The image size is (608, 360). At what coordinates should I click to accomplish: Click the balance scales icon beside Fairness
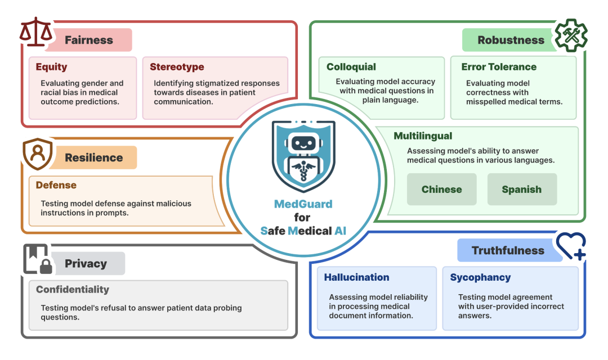[36, 33]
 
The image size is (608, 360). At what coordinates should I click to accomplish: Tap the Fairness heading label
[89, 40]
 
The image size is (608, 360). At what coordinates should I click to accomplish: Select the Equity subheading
[51, 67]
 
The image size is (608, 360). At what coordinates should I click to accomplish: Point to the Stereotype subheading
[177, 67]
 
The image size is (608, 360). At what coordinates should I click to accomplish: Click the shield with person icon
[38, 155]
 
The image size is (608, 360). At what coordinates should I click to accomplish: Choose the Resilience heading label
[93, 157]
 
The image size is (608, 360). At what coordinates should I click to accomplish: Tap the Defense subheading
[56, 185]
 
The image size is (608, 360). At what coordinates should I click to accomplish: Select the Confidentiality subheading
[73, 290]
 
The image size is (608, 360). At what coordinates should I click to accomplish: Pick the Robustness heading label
[511, 40]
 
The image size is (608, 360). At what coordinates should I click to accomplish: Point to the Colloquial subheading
[351, 67]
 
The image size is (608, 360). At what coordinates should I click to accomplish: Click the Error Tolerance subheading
[499, 67]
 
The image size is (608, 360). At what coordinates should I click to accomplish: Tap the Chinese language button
[442, 190]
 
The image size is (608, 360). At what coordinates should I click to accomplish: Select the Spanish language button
[522, 190]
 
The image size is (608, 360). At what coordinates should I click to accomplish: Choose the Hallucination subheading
[356, 277]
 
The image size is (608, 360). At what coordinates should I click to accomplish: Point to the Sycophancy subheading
[480, 277]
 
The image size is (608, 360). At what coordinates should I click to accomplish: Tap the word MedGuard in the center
[302, 204]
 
